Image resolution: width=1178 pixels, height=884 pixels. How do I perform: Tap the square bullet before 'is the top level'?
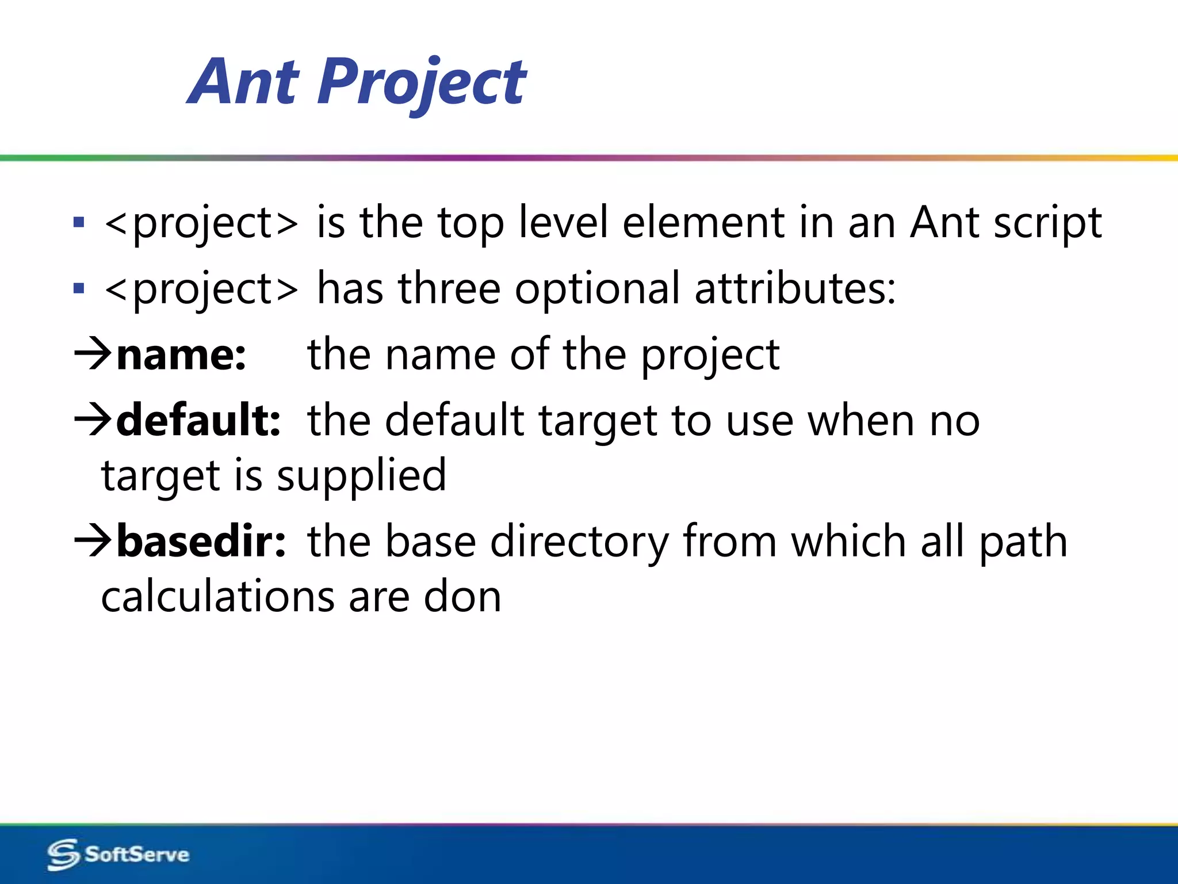pos(79,223)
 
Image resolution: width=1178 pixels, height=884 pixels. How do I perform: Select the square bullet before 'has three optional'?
pos(79,288)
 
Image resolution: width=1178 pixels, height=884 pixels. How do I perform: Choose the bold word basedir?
pos(201,542)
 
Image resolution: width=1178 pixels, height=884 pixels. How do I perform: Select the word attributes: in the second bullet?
pos(795,288)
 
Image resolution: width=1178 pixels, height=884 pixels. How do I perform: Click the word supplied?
pos(361,476)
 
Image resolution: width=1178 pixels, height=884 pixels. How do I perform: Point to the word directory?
pos(579,542)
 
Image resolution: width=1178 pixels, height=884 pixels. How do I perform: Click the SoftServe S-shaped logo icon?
pos(63,854)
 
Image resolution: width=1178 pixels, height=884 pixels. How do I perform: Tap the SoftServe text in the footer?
pos(137,854)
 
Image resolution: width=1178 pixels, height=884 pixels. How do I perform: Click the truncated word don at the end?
pos(462,597)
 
